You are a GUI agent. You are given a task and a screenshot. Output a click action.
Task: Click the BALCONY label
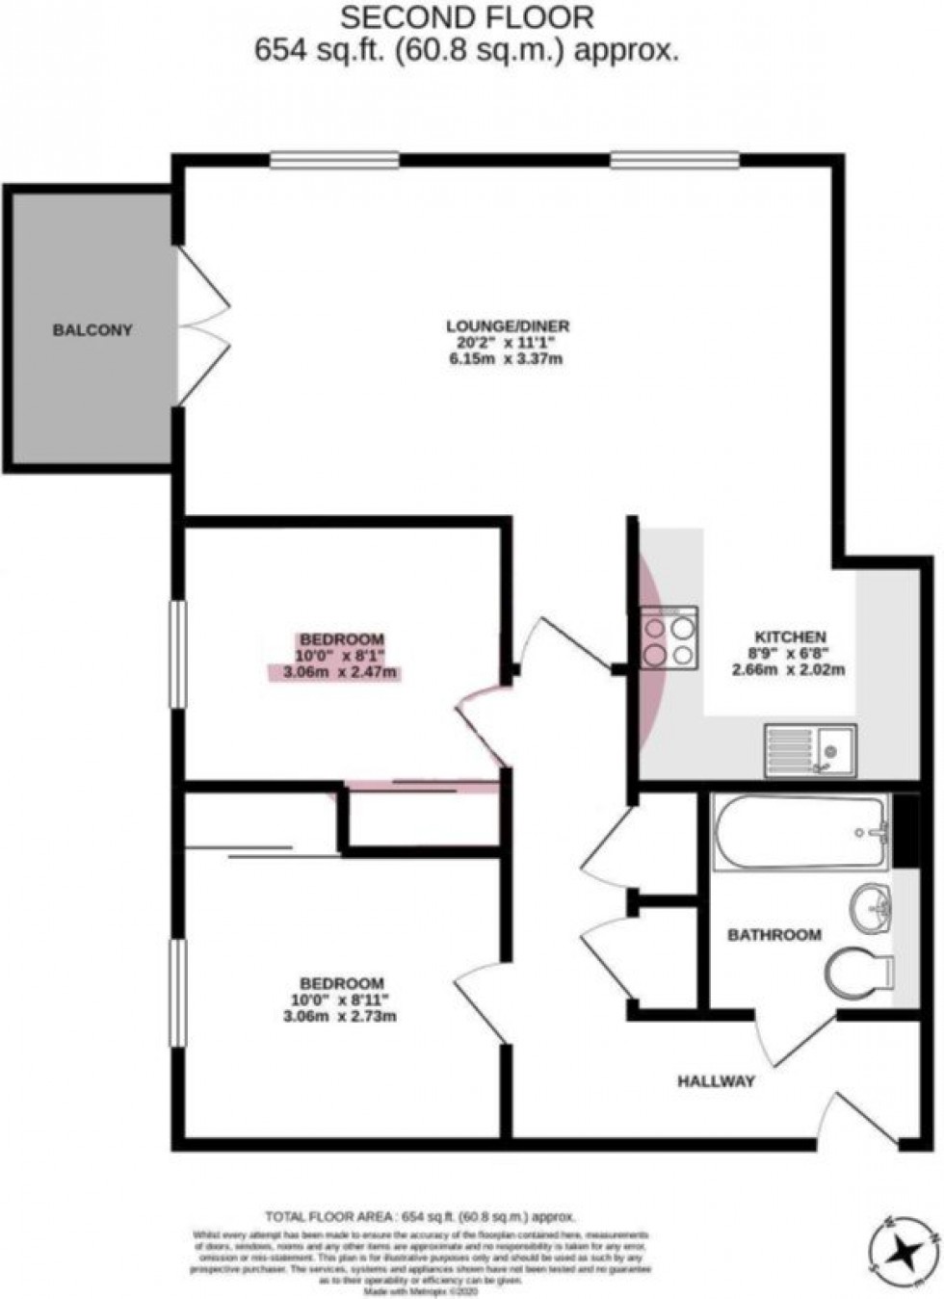point(92,329)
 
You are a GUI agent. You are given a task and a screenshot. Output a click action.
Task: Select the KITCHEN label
point(790,637)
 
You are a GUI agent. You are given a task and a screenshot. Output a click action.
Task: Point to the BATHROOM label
point(774,934)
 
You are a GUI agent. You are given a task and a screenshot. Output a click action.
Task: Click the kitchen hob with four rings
point(669,637)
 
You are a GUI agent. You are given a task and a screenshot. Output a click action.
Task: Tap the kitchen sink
point(809,749)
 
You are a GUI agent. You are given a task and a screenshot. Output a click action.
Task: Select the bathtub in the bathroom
point(800,831)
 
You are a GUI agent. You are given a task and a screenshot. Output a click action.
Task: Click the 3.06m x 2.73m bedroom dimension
point(343,1016)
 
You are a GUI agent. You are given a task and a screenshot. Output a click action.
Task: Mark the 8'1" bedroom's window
point(177,655)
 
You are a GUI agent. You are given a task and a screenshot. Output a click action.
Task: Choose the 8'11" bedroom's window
point(177,992)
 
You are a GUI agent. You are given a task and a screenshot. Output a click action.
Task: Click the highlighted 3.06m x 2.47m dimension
point(343,672)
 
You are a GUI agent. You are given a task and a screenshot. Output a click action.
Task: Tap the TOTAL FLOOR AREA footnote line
point(413,1216)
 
